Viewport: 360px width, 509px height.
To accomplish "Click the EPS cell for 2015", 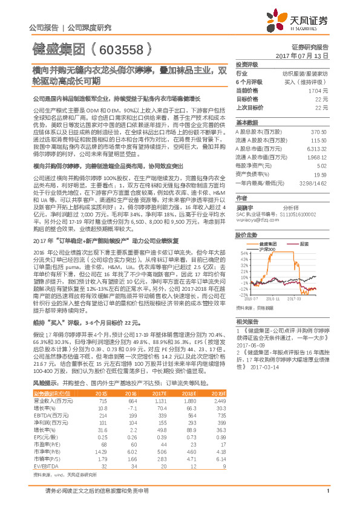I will [102, 437].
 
